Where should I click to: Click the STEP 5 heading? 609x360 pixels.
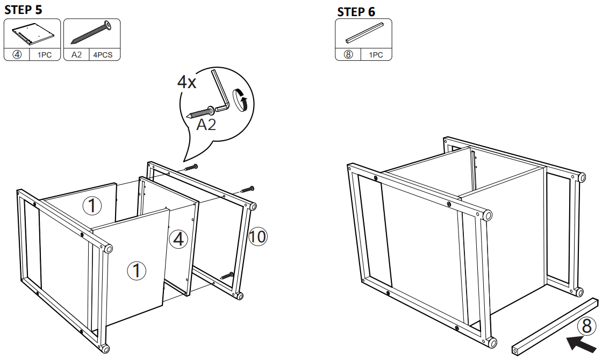click(24, 9)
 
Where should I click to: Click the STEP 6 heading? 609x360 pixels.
click(356, 12)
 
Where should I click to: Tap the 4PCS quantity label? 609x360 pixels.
click(102, 55)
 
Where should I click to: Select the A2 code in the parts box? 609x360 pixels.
click(76, 55)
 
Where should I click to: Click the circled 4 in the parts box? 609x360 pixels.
click(17, 55)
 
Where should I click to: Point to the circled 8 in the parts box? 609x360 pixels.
click(348, 55)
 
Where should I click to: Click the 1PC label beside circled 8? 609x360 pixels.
click(376, 55)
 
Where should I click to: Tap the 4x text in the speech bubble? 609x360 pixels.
click(187, 82)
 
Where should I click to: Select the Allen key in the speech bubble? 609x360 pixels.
click(221, 91)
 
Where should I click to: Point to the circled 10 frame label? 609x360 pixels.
click(258, 236)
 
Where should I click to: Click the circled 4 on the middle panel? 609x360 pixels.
click(178, 239)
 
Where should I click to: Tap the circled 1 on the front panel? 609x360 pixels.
click(137, 270)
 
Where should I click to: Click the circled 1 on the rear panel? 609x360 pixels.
click(92, 205)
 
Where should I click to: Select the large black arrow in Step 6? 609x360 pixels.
click(582, 343)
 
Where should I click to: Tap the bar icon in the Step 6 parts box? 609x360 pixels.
click(363, 33)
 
